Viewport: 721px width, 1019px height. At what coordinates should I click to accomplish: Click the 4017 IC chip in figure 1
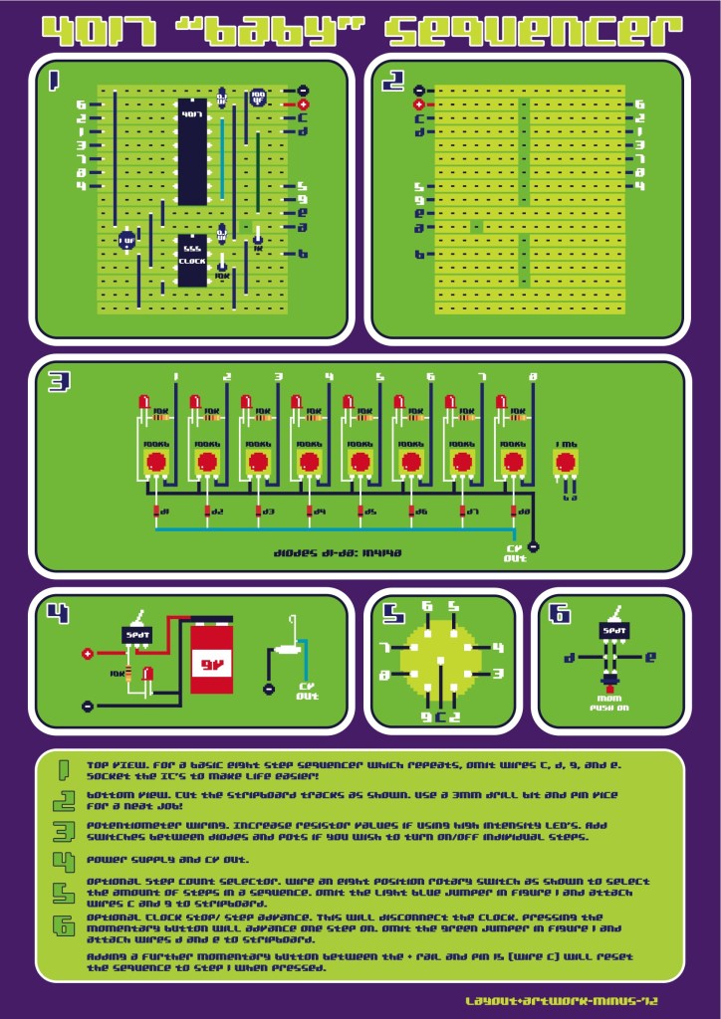(192, 149)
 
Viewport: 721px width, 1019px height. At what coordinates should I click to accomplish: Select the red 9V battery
(211, 658)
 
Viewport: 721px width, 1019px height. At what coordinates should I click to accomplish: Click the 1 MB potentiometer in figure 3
(565, 462)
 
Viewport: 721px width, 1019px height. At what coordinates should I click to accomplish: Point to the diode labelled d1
(156, 511)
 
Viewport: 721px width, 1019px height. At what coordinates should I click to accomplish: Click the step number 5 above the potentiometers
(379, 377)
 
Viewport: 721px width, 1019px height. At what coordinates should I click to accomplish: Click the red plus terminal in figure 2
(419, 103)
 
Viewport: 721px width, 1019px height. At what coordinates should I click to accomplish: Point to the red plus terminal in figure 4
(88, 654)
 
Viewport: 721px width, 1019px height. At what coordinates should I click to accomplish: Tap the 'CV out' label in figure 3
(514, 552)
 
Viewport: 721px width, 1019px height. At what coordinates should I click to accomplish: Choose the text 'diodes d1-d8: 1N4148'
(338, 550)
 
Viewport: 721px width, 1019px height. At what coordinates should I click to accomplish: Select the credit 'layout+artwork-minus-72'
(562, 999)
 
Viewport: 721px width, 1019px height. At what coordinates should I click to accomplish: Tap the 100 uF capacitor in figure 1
(258, 98)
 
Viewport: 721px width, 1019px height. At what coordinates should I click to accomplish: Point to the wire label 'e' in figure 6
(650, 658)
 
